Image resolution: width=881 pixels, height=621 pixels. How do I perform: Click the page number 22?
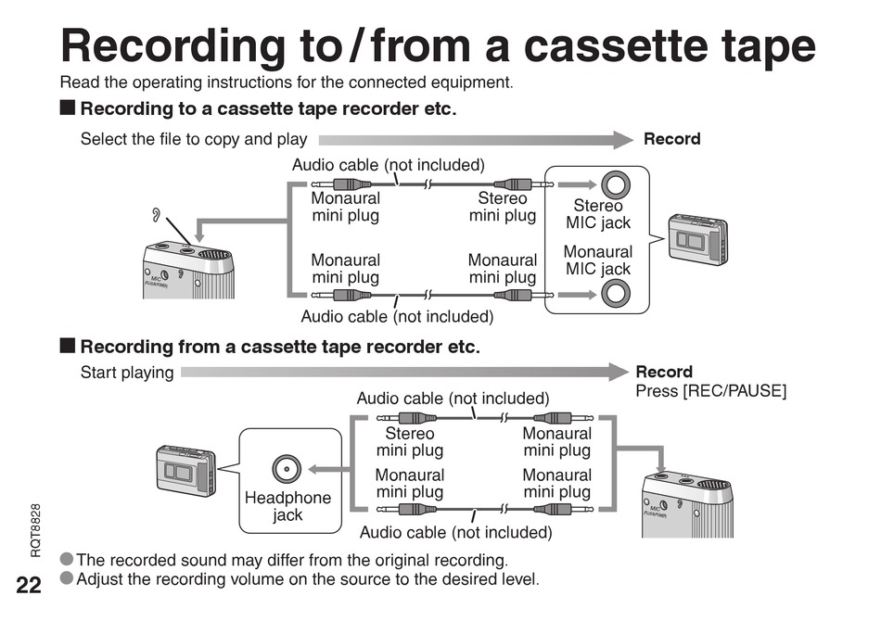click(x=28, y=584)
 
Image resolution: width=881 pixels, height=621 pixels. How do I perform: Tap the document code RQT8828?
click(x=35, y=529)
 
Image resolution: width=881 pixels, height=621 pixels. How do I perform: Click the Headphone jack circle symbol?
click(x=287, y=469)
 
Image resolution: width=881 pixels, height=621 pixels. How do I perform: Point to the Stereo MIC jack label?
click(x=598, y=214)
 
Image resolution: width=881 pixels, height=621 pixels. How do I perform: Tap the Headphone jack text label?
click(x=287, y=506)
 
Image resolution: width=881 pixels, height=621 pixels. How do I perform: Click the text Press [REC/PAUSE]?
click(x=710, y=391)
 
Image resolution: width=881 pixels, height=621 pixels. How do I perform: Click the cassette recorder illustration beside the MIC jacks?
click(x=698, y=237)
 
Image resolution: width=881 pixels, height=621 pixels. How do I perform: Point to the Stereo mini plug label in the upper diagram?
click(x=503, y=207)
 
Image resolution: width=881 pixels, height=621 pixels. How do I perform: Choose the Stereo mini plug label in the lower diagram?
click(x=409, y=442)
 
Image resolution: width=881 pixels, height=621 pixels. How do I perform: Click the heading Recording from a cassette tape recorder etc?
click(x=280, y=348)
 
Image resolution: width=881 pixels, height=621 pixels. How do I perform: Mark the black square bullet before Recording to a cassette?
click(x=68, y=108)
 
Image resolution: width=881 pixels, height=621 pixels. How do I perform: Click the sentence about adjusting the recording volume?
click(x=307, y=579)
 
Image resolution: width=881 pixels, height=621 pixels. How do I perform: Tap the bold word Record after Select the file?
click(x=672, y=139)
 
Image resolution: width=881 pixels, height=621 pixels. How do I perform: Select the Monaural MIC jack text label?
click(x=598, y=260)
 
